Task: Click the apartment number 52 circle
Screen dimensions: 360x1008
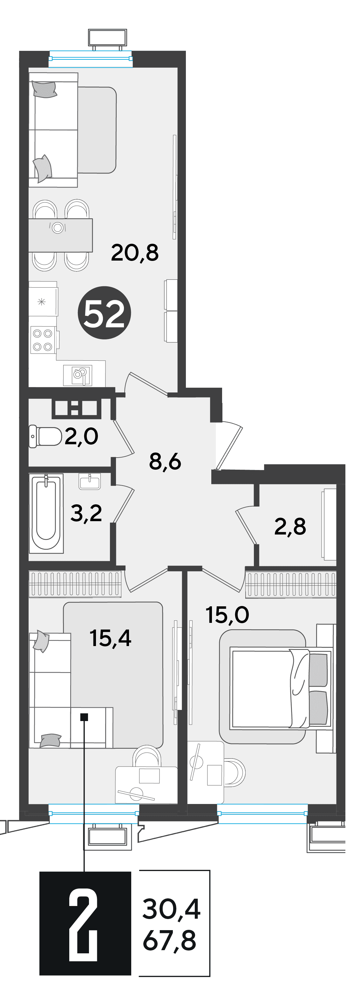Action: [104, 313]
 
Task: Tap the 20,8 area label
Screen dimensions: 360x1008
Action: [135, 252]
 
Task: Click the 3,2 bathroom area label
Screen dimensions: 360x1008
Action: [86, 513]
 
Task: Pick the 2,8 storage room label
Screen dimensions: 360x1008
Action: [290, 526]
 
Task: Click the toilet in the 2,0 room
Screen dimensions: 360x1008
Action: [45, 437]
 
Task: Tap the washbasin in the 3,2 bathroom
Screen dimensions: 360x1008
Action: [90, 481]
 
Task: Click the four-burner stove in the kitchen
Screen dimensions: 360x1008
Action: [43, 340]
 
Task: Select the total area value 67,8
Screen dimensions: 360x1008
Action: [169, 941]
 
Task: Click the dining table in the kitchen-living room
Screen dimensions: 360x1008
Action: [61, 235]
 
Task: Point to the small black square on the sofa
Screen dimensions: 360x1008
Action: [84, 717]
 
